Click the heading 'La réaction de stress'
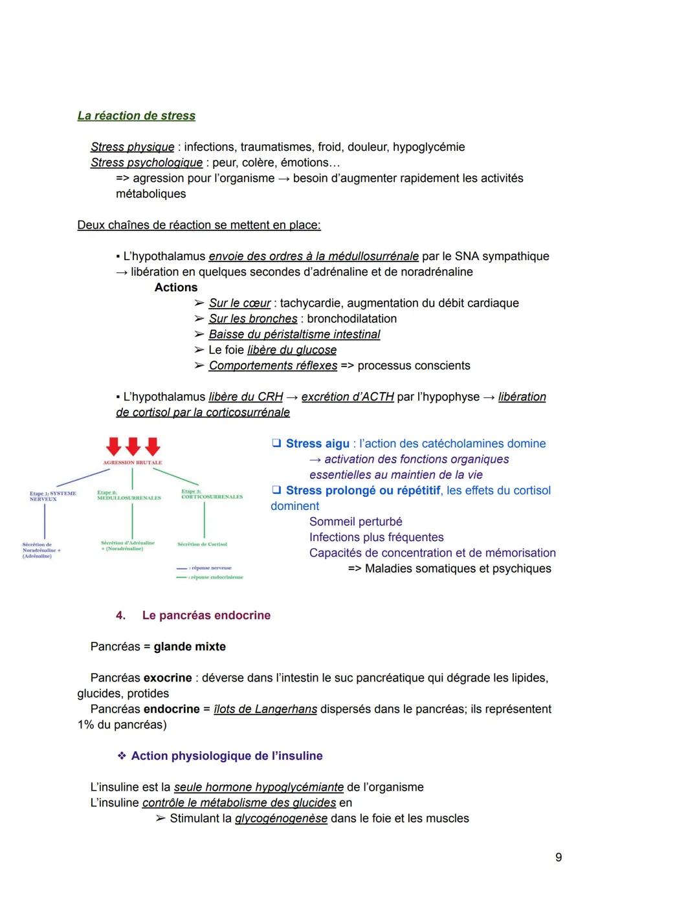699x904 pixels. point(136,116)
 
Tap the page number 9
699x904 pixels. point(559,857)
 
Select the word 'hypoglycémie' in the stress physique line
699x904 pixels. point(428,147)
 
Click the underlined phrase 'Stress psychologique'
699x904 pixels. point(146,162)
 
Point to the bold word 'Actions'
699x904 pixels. point(175,287)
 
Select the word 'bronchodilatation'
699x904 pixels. point(351,318)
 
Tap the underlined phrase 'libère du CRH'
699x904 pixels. point(245,397)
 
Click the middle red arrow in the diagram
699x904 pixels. point(133,446)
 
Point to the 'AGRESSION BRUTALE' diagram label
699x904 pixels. point(133,463)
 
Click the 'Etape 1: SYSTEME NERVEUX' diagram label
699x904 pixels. point(52,496)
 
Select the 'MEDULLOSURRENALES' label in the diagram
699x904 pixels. point(129,498)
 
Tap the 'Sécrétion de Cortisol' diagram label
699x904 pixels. point(202,544)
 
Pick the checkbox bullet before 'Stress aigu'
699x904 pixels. point(276,443)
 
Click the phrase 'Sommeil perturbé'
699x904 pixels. point(355,522)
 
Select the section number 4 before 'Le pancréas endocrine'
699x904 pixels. point(120,615)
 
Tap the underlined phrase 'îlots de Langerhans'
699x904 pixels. point(265,709)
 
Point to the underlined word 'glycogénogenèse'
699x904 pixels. point(280,819)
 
